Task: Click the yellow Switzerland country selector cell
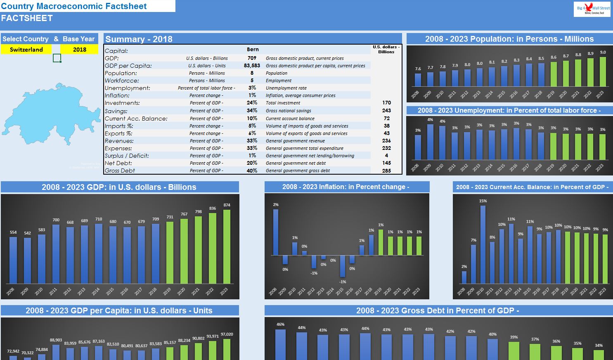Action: pos(26,50)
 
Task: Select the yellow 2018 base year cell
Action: pos(79,50)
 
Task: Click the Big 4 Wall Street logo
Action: pos(592,9)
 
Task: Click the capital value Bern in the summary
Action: pos(253,50)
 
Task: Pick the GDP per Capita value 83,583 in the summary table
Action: pos(252,66)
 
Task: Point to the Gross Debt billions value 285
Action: pos(386,171)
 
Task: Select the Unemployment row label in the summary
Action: pos(122,88)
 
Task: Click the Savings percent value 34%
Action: pos(252,111)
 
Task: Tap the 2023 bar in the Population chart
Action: pos(603,71)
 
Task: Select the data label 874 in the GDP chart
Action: pos(227,205)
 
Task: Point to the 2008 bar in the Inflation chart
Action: pos(276,232)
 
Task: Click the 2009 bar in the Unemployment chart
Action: pos(430,142)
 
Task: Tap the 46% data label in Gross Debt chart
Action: pos(280,324)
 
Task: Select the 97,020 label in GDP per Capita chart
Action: pos(227,334)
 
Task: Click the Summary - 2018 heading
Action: pos(139,39)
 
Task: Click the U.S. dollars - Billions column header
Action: pos(386,49)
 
